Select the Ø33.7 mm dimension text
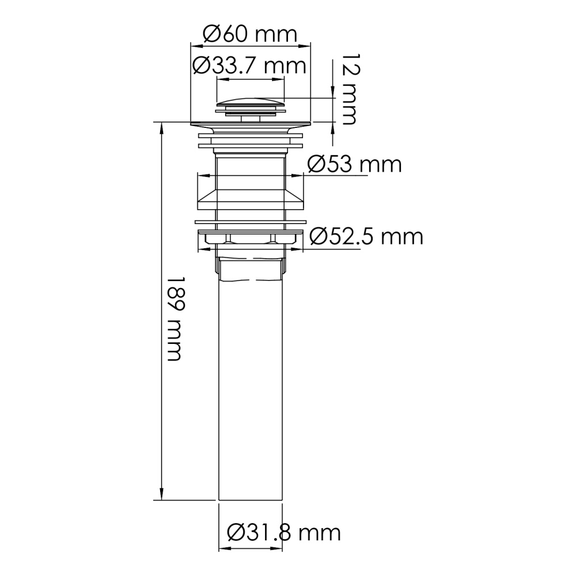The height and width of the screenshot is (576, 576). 249,66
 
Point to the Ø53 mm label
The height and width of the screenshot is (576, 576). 354,165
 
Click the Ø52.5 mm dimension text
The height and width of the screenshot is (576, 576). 366,236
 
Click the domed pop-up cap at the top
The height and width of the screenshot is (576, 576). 251,104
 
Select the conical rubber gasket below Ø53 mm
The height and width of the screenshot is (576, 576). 251,199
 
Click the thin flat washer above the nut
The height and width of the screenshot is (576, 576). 251,221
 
